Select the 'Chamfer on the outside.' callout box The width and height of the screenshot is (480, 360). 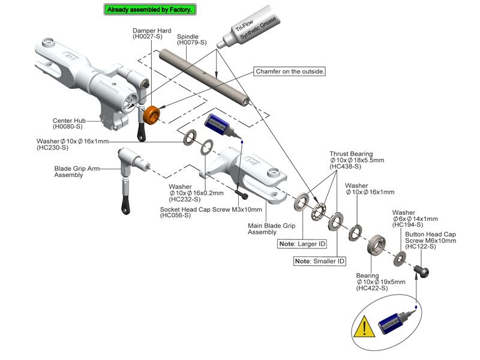(291, 71)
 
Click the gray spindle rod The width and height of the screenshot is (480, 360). (204, 75)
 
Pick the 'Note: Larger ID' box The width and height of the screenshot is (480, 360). (303, 244)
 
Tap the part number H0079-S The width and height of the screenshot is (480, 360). (192, 43)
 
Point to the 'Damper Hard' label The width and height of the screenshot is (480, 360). (152, 31)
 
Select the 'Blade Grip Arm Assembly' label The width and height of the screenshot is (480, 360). (76, 172)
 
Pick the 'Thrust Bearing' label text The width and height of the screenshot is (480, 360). (351, 154)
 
